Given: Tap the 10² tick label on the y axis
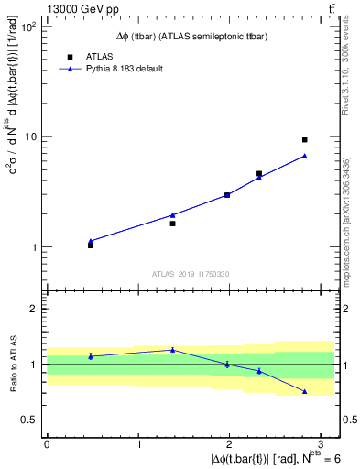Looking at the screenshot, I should click(28, 26).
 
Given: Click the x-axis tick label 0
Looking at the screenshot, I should click(47, 444).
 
